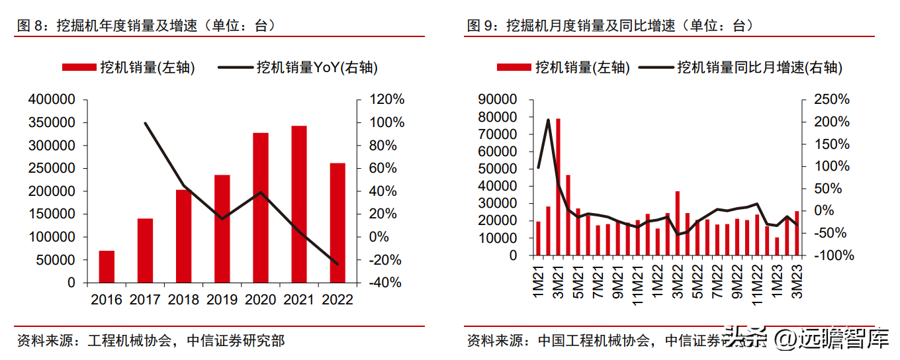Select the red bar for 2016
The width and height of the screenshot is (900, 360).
tap(107, 266)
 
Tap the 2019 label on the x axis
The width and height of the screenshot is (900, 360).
tap(222, 299)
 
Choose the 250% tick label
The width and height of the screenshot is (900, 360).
tap(831, 100)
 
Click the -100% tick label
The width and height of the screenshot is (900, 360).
tap(831, 255)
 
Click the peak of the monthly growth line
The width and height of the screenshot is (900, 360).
tap(548, 120)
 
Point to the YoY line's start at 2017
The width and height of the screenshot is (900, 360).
tap(145, 123)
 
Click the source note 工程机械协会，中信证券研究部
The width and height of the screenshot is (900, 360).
tap(151, 341)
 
